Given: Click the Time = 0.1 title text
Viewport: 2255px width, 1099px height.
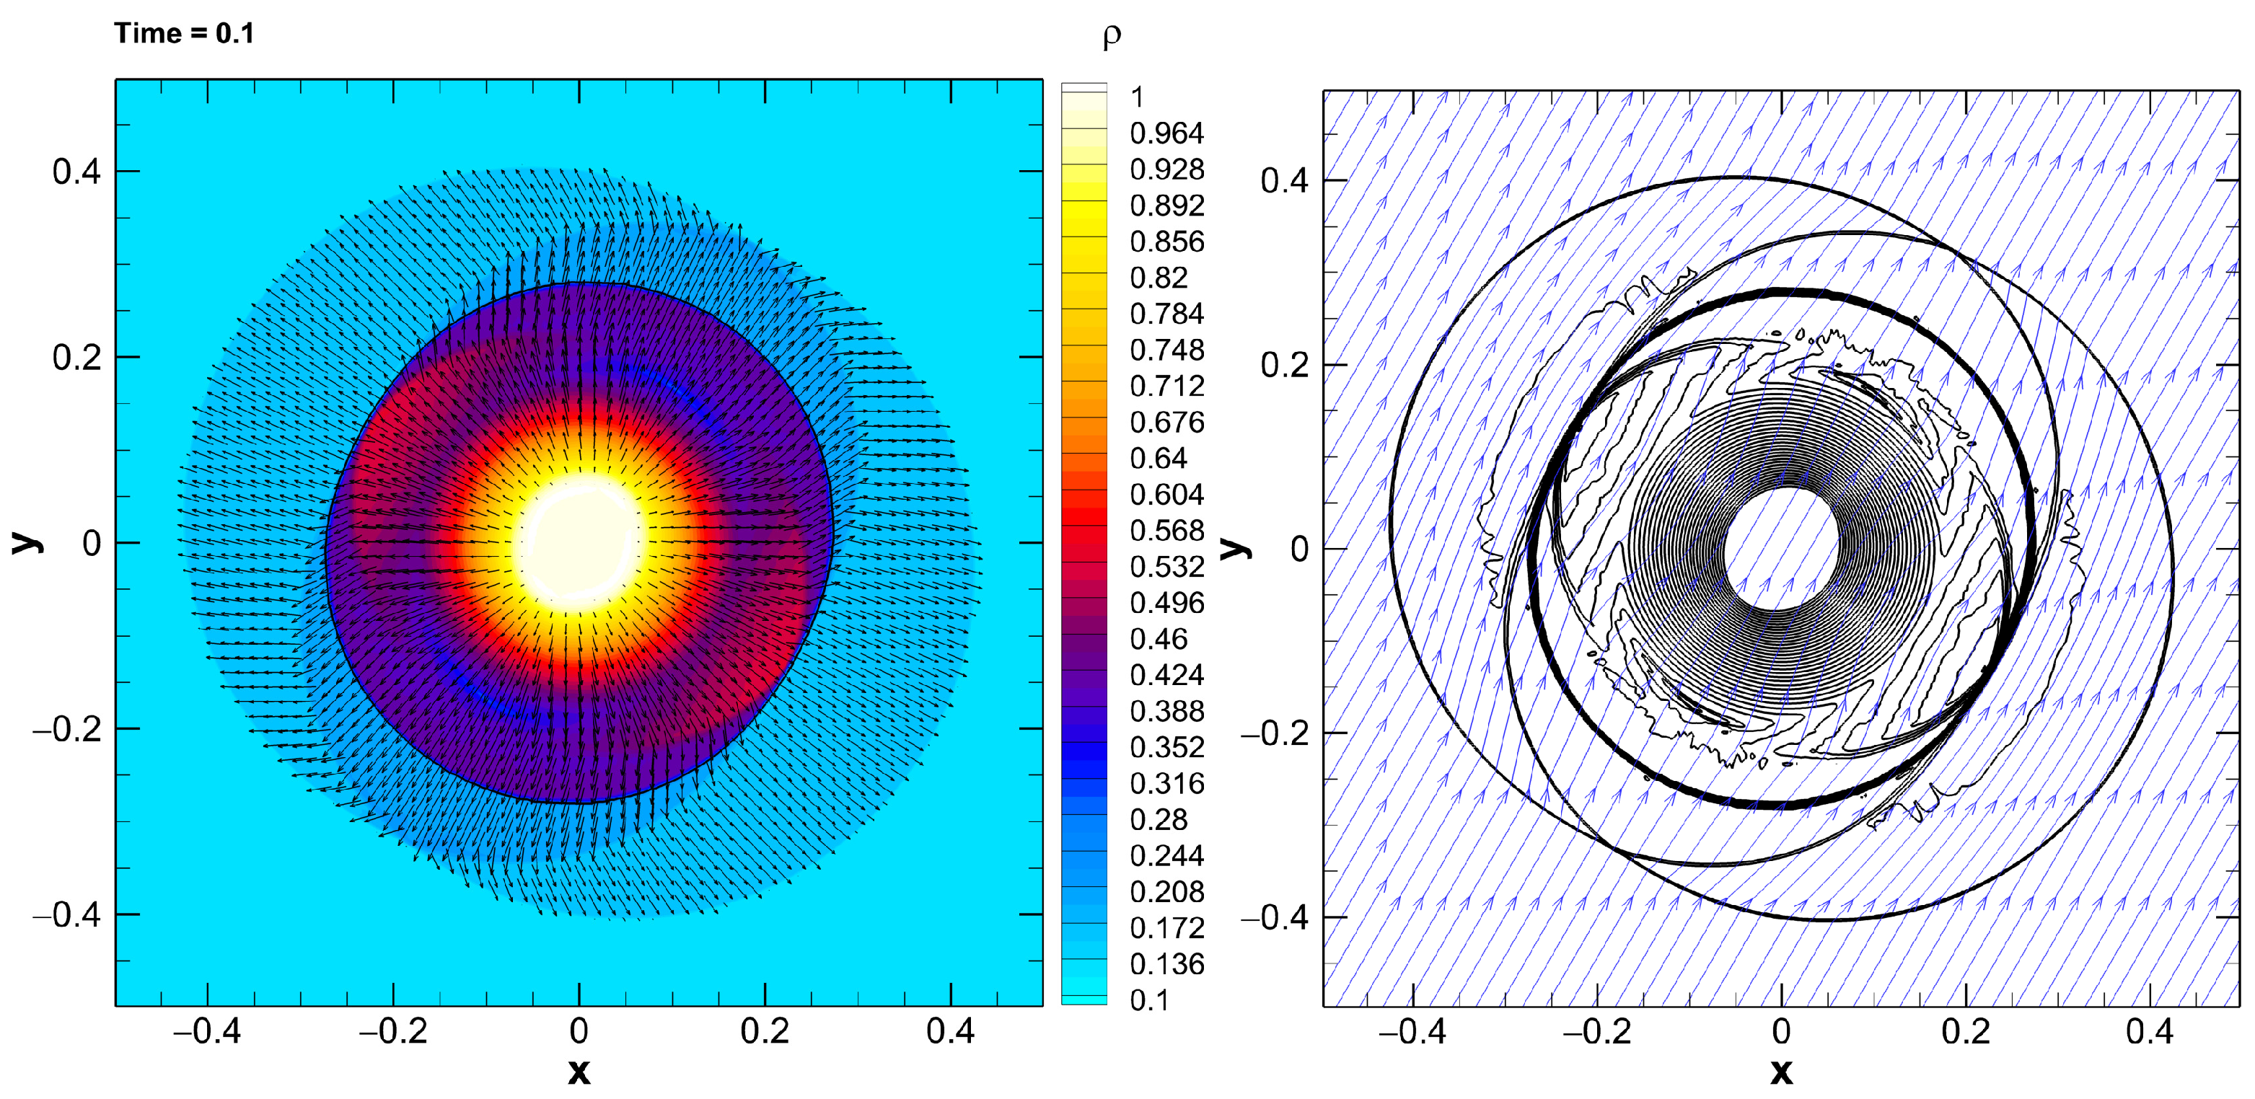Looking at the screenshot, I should [x=184, y=33].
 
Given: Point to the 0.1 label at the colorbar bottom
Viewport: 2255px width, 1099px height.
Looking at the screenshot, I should [x=1149, y=1000].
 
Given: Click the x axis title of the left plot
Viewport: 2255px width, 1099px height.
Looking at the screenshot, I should [x=579, y=1071].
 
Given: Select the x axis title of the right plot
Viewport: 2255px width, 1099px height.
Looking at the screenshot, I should [x=1780, y=1071].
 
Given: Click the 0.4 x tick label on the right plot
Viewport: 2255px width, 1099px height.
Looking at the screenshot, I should [x=2150, y=1032].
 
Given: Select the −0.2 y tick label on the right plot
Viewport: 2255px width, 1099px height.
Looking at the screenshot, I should [x=1274, y=733].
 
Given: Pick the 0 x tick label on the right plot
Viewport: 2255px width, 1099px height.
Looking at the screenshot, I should [x=1780, y=1032].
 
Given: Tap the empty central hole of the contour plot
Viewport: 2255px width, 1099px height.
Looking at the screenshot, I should [x=1780, y=549].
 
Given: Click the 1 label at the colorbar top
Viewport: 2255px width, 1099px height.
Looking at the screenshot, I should [x=1137, y=97].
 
